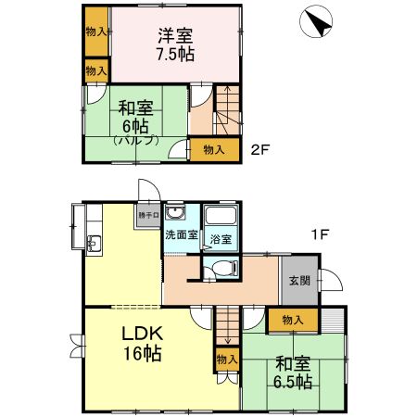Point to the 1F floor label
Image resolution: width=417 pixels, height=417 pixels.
coord(320,234)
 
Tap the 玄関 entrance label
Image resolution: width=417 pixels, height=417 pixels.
coord(298,281)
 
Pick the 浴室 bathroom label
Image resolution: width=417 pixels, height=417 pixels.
coord(221,240)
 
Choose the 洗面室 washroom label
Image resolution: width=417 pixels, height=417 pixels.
coord(181,235)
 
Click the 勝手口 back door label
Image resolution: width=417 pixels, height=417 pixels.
coord(149,214)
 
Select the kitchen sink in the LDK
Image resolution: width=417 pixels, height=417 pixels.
coord(94,246)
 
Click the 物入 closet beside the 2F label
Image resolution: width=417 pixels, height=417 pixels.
coord(213,148)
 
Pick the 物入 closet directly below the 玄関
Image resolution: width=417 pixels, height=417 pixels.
coord(292,320)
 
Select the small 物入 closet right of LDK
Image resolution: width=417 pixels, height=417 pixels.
coord(224,359)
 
